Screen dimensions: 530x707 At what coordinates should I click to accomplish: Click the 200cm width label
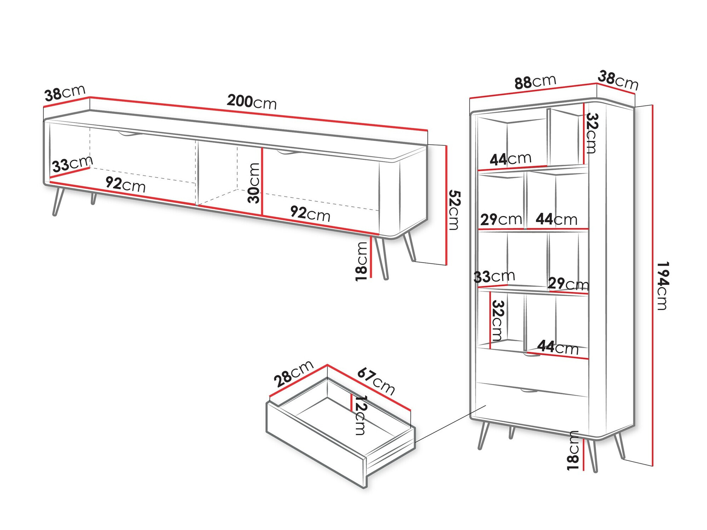tap(252, 102)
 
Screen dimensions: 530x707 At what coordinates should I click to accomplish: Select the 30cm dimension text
tap(254, 183)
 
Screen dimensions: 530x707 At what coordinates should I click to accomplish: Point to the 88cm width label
tap(535, 82)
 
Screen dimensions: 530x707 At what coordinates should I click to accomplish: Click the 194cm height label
tap(662, 286)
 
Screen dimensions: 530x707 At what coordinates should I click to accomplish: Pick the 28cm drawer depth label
tap(293, 373)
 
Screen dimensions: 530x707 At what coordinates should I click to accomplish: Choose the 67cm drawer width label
tap(376, 381)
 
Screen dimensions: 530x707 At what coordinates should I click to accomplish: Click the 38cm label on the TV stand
tap(65, 93)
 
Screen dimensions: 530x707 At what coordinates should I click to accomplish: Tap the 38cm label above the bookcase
tap(618, 80)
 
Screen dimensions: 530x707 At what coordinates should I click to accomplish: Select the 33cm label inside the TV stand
tap(72, 164)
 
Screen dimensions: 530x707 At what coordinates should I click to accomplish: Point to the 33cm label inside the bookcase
tap(494, 276)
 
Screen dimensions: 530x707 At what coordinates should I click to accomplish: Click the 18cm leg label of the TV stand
tap(362, 261)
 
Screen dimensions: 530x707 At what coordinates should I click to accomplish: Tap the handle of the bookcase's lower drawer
tap(529, 391)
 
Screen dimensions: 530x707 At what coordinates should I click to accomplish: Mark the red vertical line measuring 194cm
tap(652, 286)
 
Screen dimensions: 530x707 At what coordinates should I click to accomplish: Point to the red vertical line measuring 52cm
tap(447, 205)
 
